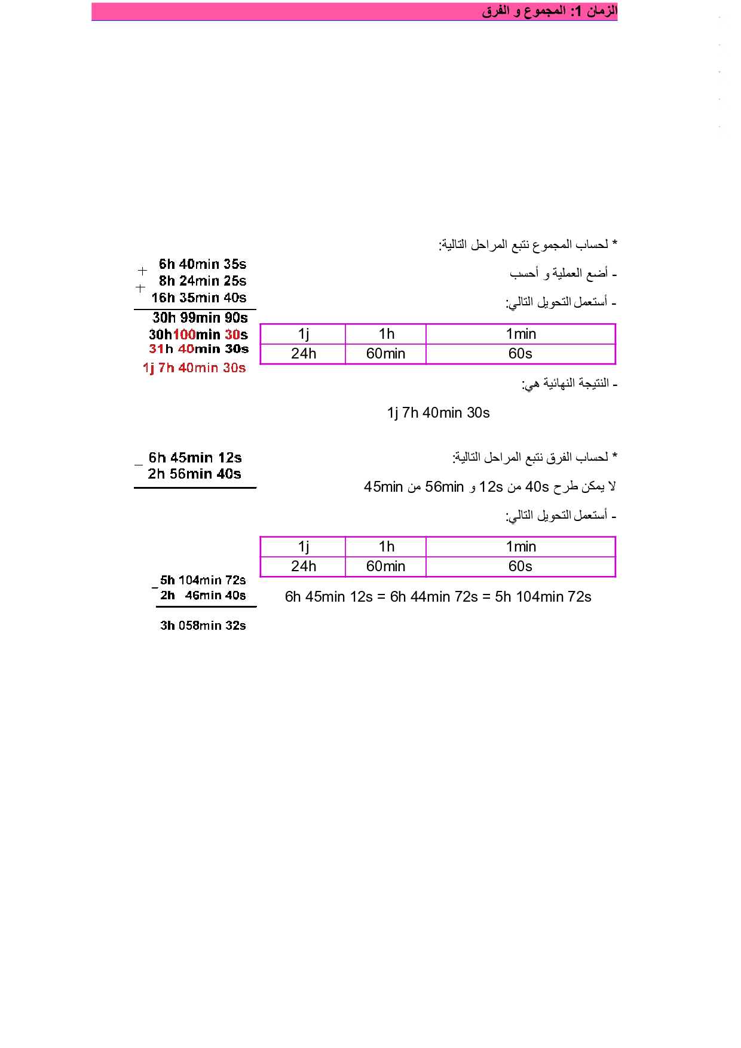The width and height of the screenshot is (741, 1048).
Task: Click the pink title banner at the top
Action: (354, 11)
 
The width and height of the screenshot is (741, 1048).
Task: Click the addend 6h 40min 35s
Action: (202, 264)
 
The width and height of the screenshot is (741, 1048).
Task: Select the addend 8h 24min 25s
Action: (202, 281)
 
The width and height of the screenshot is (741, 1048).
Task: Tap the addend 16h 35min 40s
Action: (198, 298)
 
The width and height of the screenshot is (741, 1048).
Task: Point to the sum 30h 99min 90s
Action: (200, 318)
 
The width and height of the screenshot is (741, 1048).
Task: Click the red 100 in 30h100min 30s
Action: (184, 335)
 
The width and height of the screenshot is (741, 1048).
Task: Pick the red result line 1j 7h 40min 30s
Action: (194, 368)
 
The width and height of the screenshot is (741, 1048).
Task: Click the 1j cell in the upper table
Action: (303, 334)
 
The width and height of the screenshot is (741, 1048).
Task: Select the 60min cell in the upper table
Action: (385, 354)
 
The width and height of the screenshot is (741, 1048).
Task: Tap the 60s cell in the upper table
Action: (520, 354)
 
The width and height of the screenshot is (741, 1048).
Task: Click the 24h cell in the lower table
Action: (303, 566)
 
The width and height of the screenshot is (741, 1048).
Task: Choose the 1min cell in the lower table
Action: (520, 547)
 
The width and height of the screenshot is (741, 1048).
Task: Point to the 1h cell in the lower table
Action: (386, 547)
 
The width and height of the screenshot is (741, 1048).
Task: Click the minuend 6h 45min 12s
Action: (195, 458)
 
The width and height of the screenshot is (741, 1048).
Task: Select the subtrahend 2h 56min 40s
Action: (194, 474)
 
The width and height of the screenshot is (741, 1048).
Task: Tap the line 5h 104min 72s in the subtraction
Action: (203, 580)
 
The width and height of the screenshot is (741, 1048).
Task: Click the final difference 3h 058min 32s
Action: (203, 626)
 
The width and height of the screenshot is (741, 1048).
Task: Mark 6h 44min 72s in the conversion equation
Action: (434, 597)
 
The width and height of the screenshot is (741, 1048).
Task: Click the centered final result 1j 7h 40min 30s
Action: (438, 413)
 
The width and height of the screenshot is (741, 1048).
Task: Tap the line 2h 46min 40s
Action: (203, 596)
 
